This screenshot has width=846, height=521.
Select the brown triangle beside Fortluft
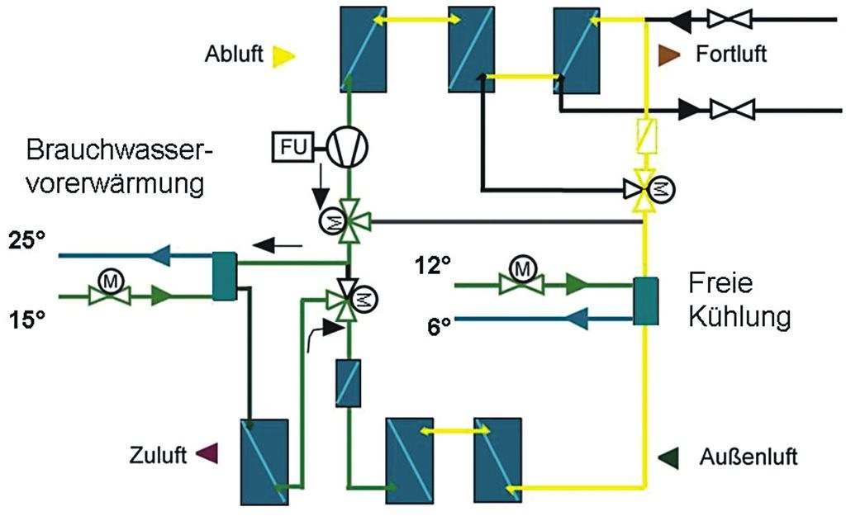(668, 54)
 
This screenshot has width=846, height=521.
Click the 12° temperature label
(433, 267)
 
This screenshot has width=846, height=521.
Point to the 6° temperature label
(439, 325)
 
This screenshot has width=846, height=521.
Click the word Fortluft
(731, 55)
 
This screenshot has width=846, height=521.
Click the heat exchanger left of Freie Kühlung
(644, 301)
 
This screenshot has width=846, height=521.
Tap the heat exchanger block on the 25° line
(224, 274)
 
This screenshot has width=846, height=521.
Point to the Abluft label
(235, 55)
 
